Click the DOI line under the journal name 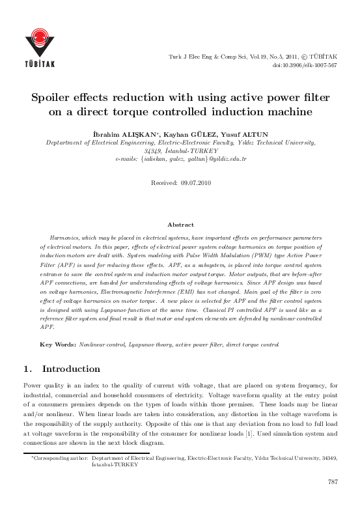[x=305, y=66]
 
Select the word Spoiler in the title [x=55, y=98]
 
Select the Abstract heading [x=180, y=224]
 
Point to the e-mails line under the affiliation [x=180, y=158]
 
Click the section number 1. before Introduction [x=27, y=369]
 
